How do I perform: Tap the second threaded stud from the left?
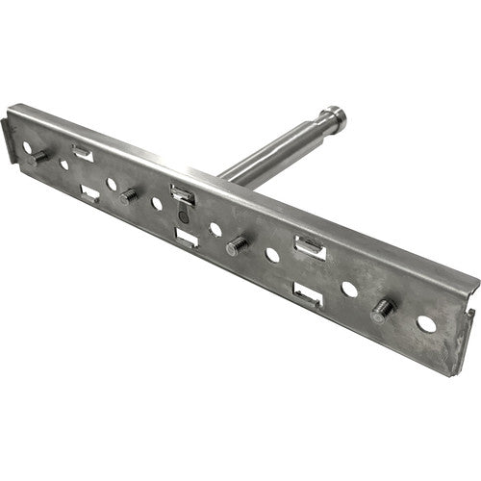tap(128, 196)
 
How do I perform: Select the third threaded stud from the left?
tap(236, 246)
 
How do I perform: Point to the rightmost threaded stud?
tap(382, 309)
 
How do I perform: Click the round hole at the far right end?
tap(426, 324)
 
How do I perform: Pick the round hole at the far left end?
tap(64, 165)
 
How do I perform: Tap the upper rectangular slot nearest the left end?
tap(83, 152)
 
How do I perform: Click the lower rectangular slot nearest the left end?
tap(90, 193)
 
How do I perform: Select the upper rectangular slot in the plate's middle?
tap(184, 195)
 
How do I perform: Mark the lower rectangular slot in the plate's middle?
tap(188, 237)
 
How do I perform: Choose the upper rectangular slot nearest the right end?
tap(310, 248)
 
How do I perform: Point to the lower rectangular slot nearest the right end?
tap(307, 293)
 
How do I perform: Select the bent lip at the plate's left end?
tap(9, 139)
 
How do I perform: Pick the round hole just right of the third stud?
tap(272, 256)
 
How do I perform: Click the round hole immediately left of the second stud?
tap(112, 184)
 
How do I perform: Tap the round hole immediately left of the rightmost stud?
tap(349, 289)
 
